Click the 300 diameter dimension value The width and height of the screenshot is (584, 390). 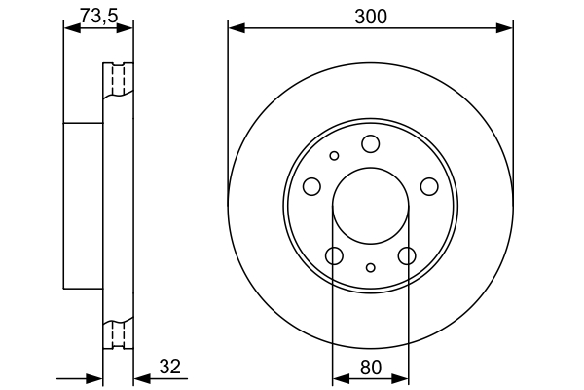click(370, 16)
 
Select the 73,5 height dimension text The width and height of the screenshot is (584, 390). click(97, 16)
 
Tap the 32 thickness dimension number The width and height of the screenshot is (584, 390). click(169, 367)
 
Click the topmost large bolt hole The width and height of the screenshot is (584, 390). click(370, 144)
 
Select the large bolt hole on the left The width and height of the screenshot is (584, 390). click(311, 186)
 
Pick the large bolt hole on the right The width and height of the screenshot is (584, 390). click(427, 186)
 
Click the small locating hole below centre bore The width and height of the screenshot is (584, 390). click(370, 267)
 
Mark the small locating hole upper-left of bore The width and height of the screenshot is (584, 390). click(334, 155)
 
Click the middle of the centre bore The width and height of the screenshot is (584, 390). click(370, 207)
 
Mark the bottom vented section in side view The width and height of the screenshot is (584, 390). click(118, 333)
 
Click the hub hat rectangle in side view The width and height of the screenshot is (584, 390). click(84, 206)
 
